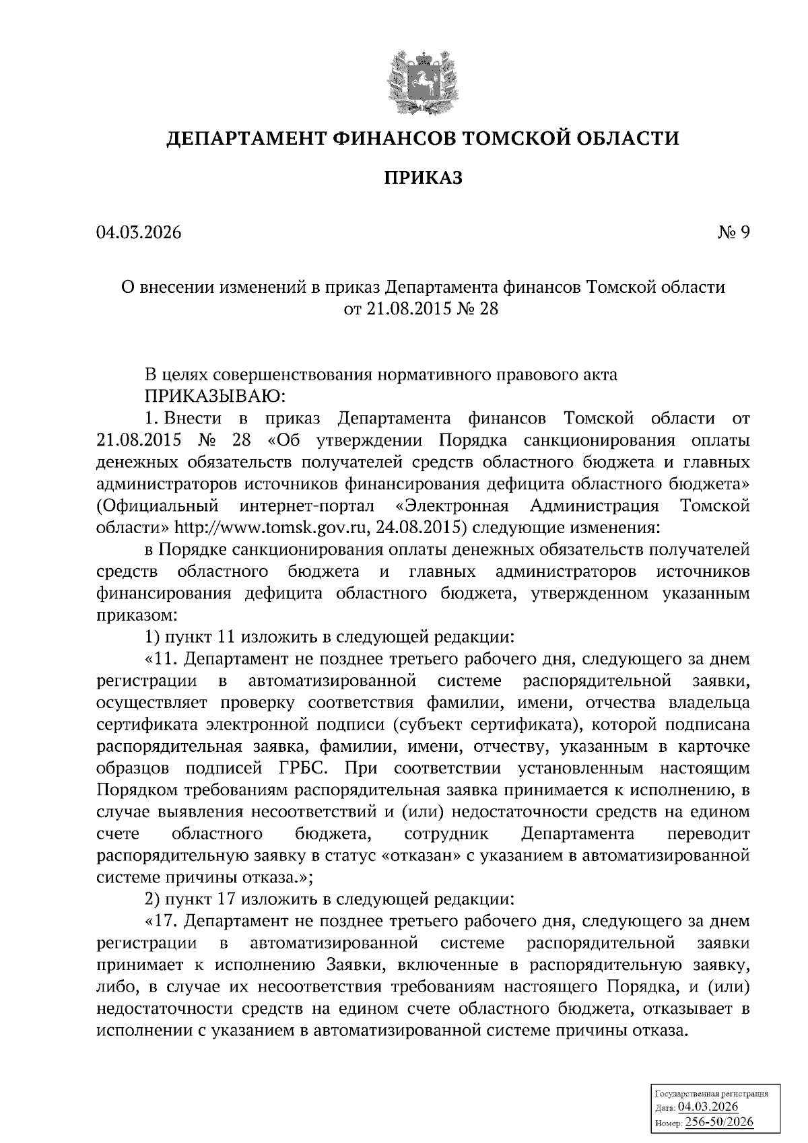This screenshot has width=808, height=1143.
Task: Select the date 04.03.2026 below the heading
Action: tap(139, 232)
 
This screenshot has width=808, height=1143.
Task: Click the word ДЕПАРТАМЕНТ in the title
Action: tap(246, 139)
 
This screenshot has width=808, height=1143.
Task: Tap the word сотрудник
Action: tap(447, 834)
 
